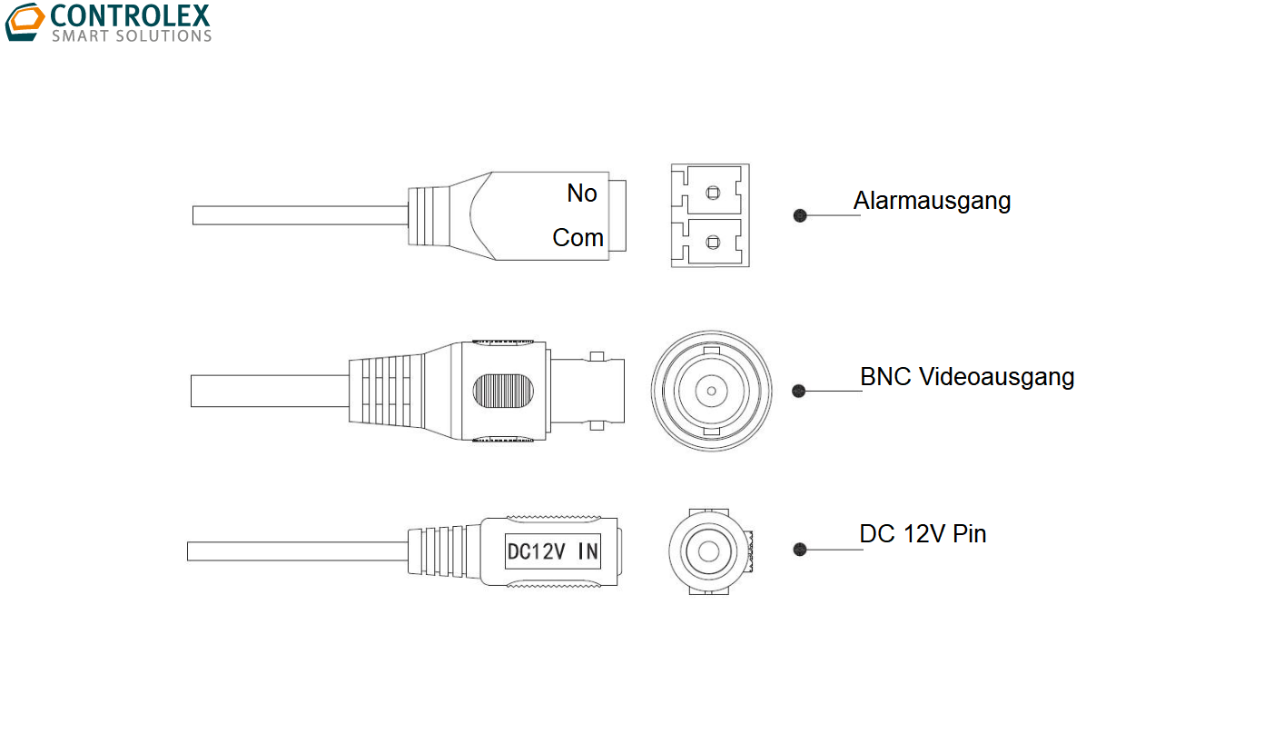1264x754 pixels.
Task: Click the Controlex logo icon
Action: [x=25, y=22]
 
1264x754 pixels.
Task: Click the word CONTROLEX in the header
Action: [x=131, y=15]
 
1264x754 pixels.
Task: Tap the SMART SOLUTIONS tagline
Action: [x=132, y=36]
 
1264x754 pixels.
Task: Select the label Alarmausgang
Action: [x=932, y=201]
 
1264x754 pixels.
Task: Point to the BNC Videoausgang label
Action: [x=967, y=377]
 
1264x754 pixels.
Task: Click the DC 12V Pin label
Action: [x=923, y=534]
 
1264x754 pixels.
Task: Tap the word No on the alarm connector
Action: [x=582, y=193]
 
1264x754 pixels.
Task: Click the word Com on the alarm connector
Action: [x=578, y=238]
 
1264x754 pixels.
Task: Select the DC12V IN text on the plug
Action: [x=552, y=551]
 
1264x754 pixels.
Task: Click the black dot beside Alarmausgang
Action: [x=800, y=215]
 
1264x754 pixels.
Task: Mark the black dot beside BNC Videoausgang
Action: [x=799, y=392]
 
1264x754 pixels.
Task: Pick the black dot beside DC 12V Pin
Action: [x=800, y=550]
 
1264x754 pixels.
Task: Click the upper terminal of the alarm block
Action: [x=713, y=193]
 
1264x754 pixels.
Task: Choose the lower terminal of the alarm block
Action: [x=713, y=242]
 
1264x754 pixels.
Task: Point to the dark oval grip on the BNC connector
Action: [x=503, y=392]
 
